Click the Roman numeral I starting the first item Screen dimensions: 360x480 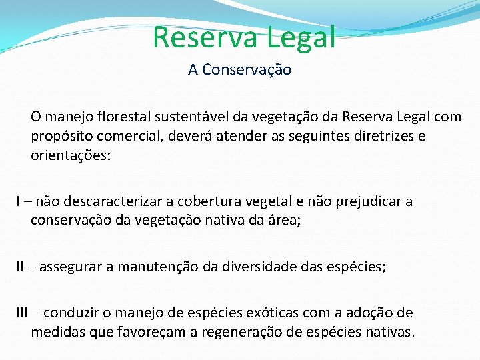pyautogui.click(x=19, y=201)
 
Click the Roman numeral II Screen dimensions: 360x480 pyautogui.click(x=21, y=267)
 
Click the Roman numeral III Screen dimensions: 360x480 pyautogui.click(x=23, y=313)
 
